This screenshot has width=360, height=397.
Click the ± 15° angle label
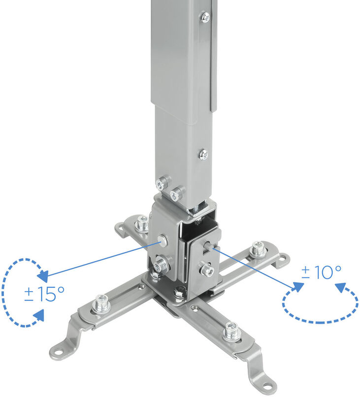[x=44, y=294]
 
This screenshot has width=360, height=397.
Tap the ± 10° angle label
[x=321, y=272]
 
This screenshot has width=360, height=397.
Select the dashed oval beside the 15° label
[x=20, y=292]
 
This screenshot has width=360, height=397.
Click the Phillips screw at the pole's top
[x=205, y=17]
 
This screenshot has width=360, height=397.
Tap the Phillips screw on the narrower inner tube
[x=203, y=154]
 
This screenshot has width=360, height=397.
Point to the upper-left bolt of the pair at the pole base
[x=161, y=184]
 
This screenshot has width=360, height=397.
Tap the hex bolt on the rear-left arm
[x=142, y=224]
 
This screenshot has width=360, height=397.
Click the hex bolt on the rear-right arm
[x=258, y=249]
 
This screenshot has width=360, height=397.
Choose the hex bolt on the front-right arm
[x=231, y=332]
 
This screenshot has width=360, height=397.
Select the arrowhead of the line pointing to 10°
[x=298, y=287]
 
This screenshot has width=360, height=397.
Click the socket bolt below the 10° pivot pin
[x=207, y=269]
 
